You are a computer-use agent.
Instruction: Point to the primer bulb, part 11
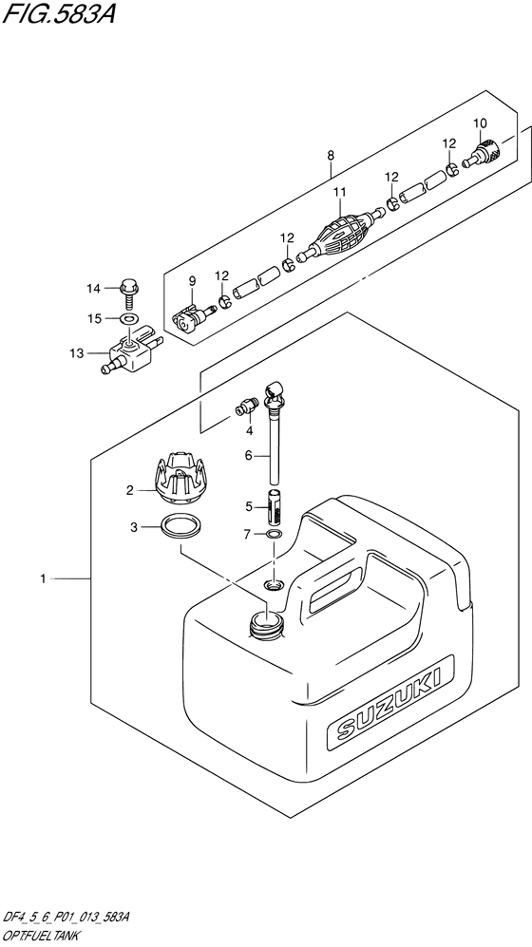(341, 235)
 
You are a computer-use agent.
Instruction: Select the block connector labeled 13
(133, 351)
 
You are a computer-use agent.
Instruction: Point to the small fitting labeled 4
(246, 408)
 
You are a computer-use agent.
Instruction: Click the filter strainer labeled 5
(275, 505)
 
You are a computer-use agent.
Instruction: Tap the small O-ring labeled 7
(275, 534)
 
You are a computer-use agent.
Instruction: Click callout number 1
(43, 579)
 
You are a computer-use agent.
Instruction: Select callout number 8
(331, 156)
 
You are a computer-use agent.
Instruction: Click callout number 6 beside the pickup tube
(248, 457)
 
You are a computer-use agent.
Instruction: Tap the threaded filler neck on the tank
(266, 624)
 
